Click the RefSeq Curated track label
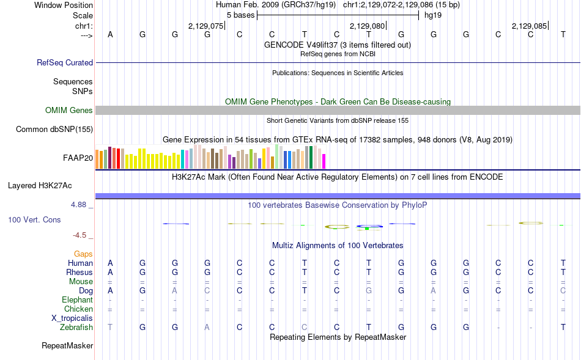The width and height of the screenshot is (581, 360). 65,62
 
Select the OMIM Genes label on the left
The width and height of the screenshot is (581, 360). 69,110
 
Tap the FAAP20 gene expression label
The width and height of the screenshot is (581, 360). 78,158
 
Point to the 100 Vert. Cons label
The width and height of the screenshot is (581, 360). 34,219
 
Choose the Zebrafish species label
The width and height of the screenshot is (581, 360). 76,328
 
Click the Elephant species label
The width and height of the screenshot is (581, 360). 77,299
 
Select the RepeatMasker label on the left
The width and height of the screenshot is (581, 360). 67,346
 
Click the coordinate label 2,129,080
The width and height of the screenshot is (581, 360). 367,26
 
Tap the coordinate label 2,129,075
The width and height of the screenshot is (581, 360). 206,26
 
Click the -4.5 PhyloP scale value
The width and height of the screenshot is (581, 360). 80,235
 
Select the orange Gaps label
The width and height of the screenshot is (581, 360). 83,254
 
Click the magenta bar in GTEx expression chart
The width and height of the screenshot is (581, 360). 324,161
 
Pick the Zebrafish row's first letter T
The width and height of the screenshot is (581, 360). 110,328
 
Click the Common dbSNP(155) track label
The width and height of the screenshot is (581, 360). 54,129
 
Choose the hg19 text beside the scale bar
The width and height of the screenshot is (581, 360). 433,15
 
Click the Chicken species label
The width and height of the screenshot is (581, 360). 78,309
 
